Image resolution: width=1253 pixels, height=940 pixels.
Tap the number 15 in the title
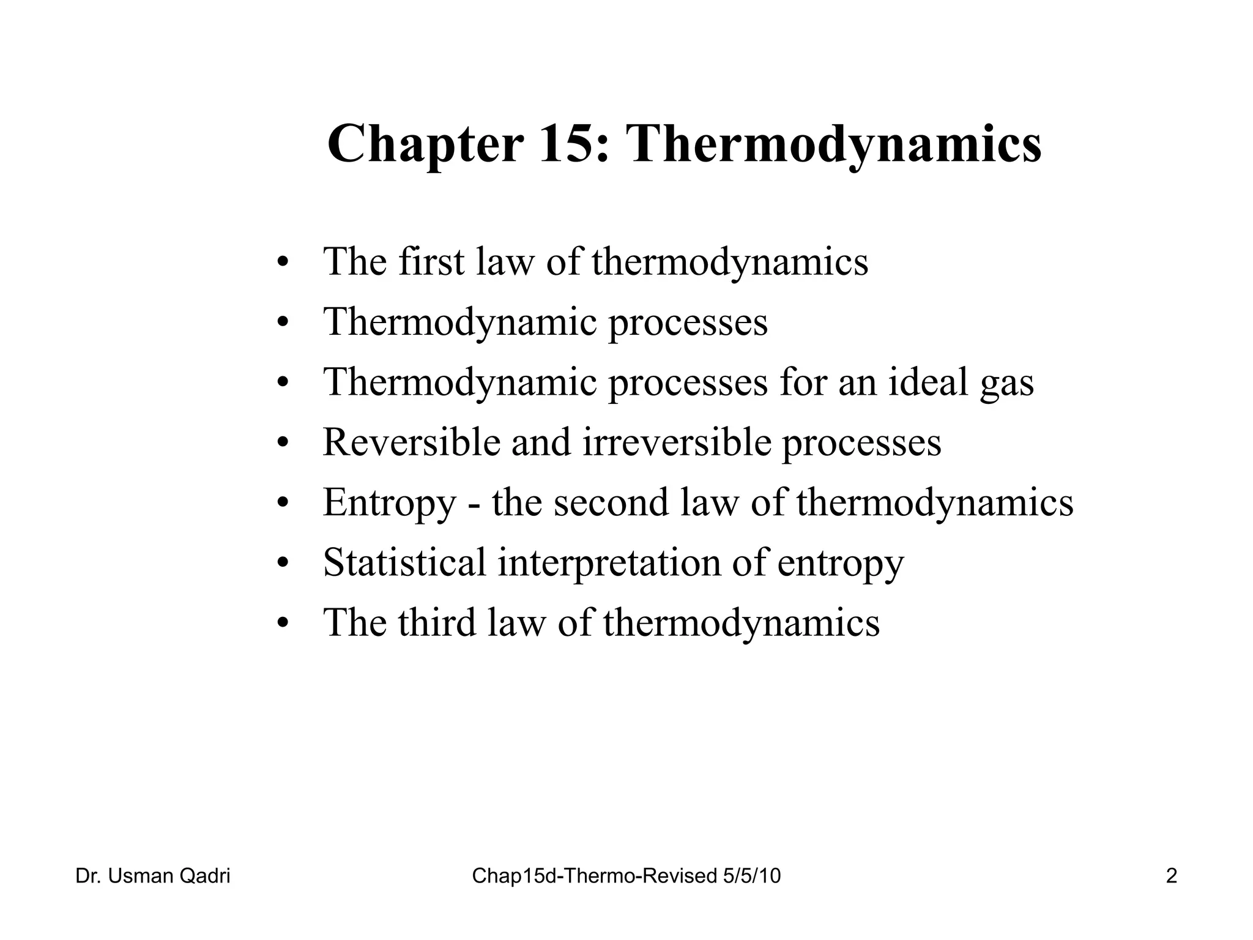(x=573, y=144)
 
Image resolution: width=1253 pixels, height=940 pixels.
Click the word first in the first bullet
(x=431, y=261)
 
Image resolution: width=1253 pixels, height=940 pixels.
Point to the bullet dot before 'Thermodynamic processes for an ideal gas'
(x=282, y=383)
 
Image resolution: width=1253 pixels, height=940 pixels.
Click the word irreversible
(x=677, y=442)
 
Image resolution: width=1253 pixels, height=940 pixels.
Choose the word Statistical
(x=404, y=562)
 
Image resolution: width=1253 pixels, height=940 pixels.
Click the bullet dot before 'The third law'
(x=282, y=624)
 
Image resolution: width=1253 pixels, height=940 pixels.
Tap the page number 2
(x=1171, y=876)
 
